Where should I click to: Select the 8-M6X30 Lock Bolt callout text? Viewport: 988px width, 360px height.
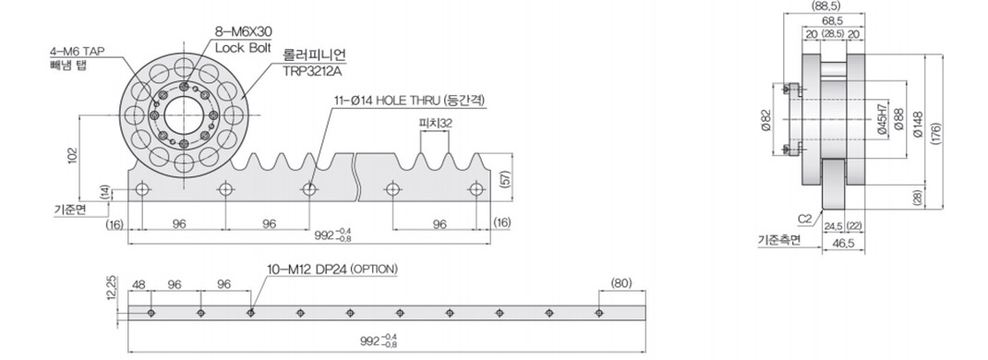click(x=244, y=39)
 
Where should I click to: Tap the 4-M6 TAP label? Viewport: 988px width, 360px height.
click(x=78, y=52)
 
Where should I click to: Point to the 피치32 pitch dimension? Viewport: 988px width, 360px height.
click(x=436, y=123)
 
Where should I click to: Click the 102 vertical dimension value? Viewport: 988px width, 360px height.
click(x=72, y=156)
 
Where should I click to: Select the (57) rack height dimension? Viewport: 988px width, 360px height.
click(x=503, y=178)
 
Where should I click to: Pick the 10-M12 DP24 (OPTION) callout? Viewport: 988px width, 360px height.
click(x=332, y=270)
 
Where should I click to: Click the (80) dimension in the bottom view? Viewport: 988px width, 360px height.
click(x=621, y=283)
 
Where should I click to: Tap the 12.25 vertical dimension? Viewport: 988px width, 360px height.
click(x=111, y=288)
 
